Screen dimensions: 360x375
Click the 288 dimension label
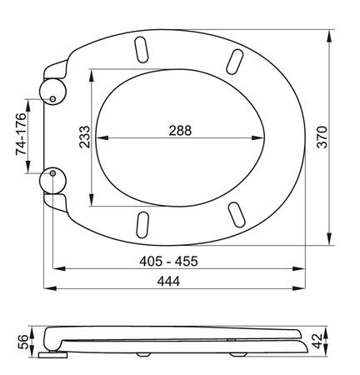pos(180,131)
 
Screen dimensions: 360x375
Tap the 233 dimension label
pos(85,137)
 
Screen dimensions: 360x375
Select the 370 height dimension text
pos(322,137)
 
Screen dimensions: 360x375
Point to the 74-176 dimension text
pos(21,134)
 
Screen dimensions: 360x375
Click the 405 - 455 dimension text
pos(168,261)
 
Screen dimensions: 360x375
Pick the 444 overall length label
pos(168,282)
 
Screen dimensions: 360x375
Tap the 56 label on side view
pos(22,342)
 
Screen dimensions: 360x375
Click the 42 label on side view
pos(317,341)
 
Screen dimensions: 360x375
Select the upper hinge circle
pos(52,92)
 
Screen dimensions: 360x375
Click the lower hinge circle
pos(52,181)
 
